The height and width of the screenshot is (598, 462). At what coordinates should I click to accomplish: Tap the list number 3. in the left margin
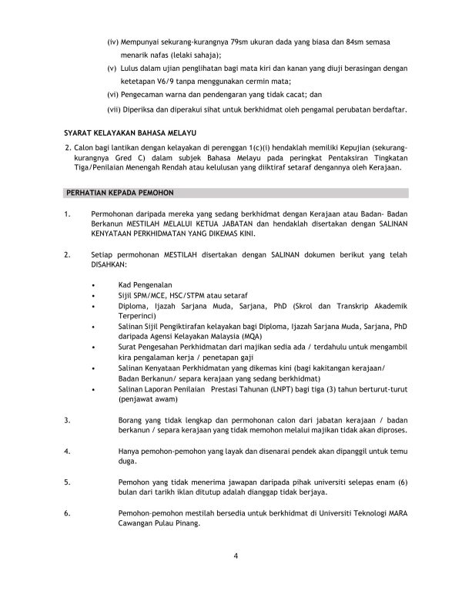[x=68, y=420]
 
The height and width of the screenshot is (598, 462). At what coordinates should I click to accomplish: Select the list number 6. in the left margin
[x=68, y=512]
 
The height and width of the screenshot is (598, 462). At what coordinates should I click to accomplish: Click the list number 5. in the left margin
[x=68, y=482]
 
